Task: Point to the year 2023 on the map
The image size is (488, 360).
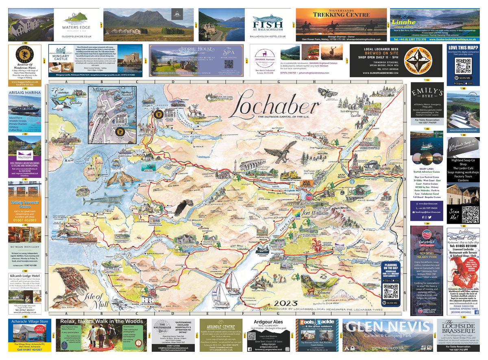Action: [x=286, y=302]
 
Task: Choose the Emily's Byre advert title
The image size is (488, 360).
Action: [x=426, y=92]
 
